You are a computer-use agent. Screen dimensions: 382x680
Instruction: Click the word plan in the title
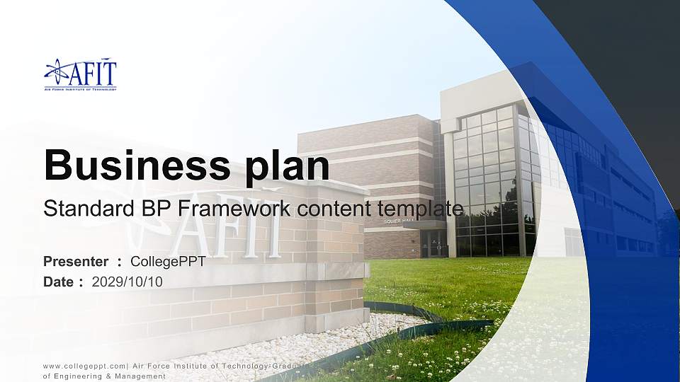tap(289, 166)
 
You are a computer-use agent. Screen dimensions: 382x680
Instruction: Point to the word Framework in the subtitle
tap(234, 209)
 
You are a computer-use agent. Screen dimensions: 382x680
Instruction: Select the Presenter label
tap(76, 262)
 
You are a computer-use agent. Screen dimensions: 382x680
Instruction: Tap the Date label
tap(59, 282)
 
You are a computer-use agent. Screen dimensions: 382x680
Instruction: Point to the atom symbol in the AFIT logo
tap(57, 71)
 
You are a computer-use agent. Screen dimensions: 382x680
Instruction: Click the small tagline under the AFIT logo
tap(79, 90)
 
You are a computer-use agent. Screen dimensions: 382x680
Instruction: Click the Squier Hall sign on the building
tap(397, 221)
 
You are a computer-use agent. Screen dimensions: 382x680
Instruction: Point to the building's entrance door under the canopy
tap(433, 244)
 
